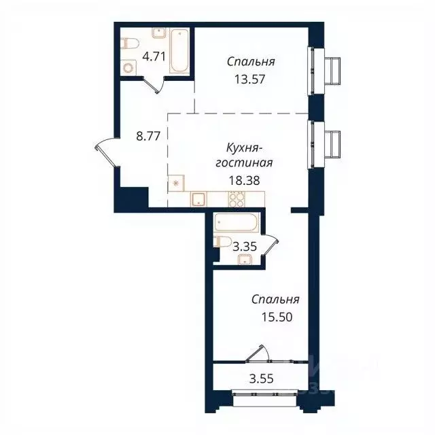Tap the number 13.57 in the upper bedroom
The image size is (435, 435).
(251, 78)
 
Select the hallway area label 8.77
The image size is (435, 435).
(147, 135)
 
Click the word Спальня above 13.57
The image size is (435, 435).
(251, 62)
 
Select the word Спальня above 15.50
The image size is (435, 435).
(275, 300)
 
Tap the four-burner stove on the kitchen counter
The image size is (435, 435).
(237, 198)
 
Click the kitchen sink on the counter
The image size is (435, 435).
(198, 199)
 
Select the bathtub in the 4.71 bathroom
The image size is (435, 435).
(179, 51)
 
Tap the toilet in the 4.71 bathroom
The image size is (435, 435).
(129, 44)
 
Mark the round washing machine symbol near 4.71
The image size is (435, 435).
(130, 67)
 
